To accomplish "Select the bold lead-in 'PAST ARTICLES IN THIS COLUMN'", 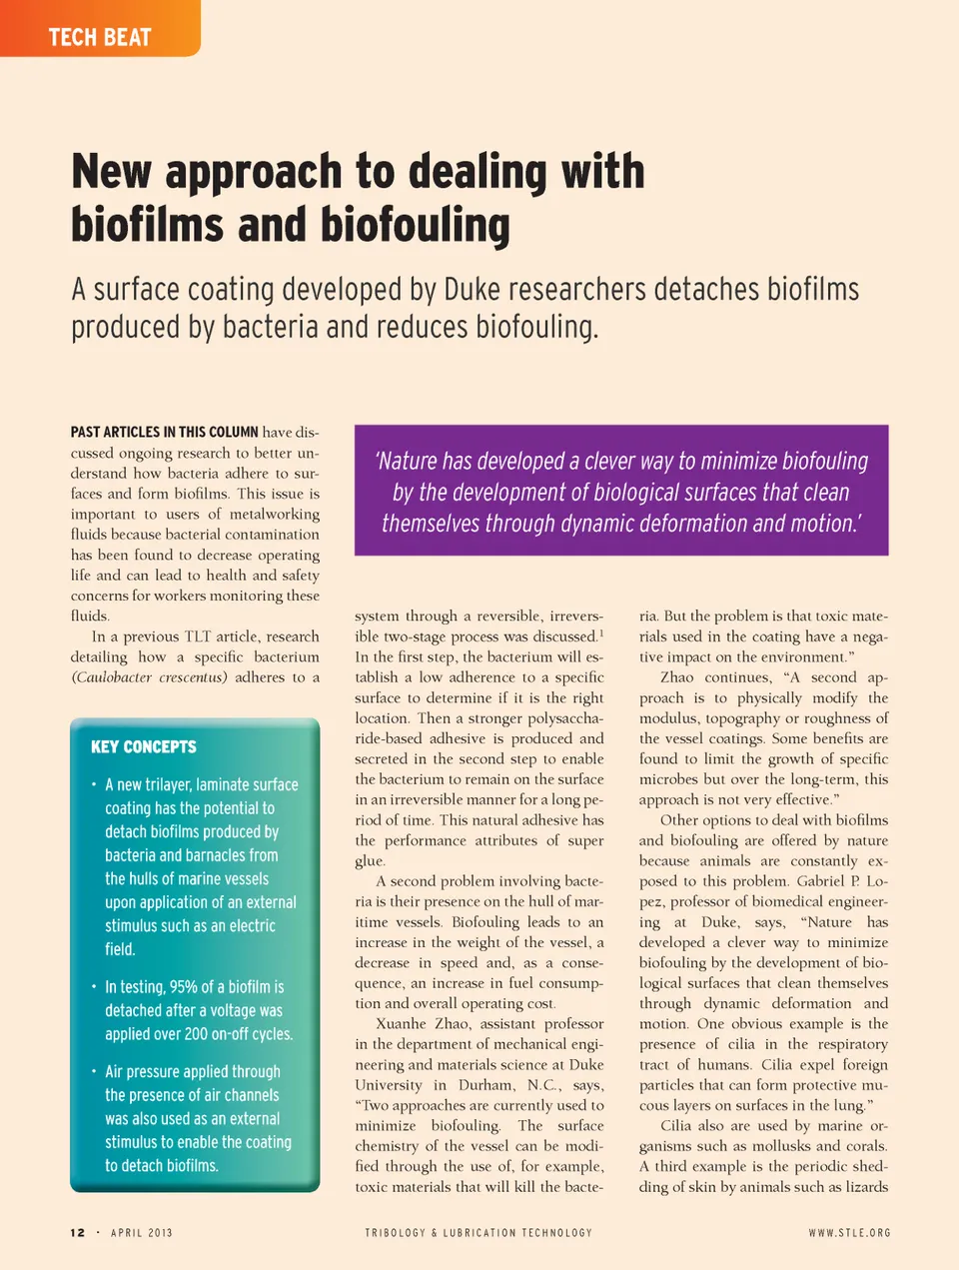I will point(164,432).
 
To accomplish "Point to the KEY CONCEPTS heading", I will point(144,746).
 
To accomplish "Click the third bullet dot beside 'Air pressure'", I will point(94,1071).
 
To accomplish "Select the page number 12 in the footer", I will point(78,1233).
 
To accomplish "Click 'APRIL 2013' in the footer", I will point(142,1233).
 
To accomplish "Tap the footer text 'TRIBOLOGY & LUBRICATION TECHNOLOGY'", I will point(479,1233).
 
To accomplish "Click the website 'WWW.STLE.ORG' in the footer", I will point(849,1233).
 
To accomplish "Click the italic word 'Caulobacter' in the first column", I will point(113,676).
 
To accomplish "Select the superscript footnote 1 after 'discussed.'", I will point(600,633).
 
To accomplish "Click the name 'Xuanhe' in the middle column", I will point(402,1023).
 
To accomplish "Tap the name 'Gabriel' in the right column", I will point(820,881).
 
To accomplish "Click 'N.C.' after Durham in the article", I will point(542,1085).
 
